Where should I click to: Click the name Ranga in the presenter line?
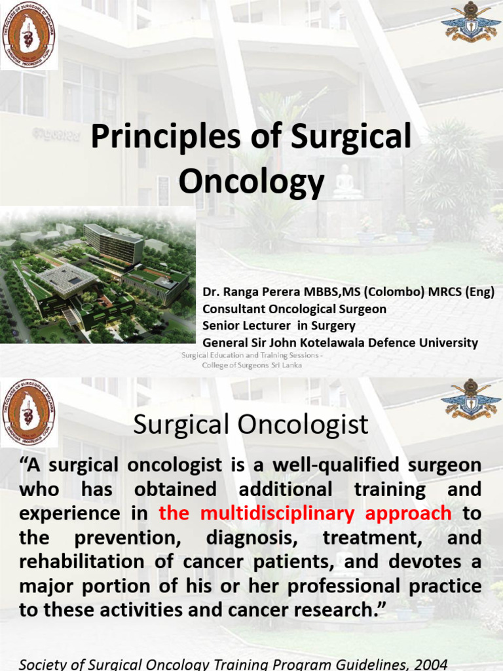pos(240,292)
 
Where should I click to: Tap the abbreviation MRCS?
pos(430,292)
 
